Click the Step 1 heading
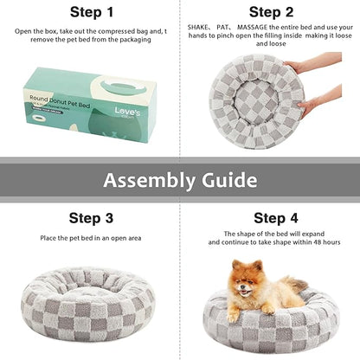(x=92, y=12)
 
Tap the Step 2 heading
(x=272, y=12)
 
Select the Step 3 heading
(x=92, y=218)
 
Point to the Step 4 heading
(x=272, y=218)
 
